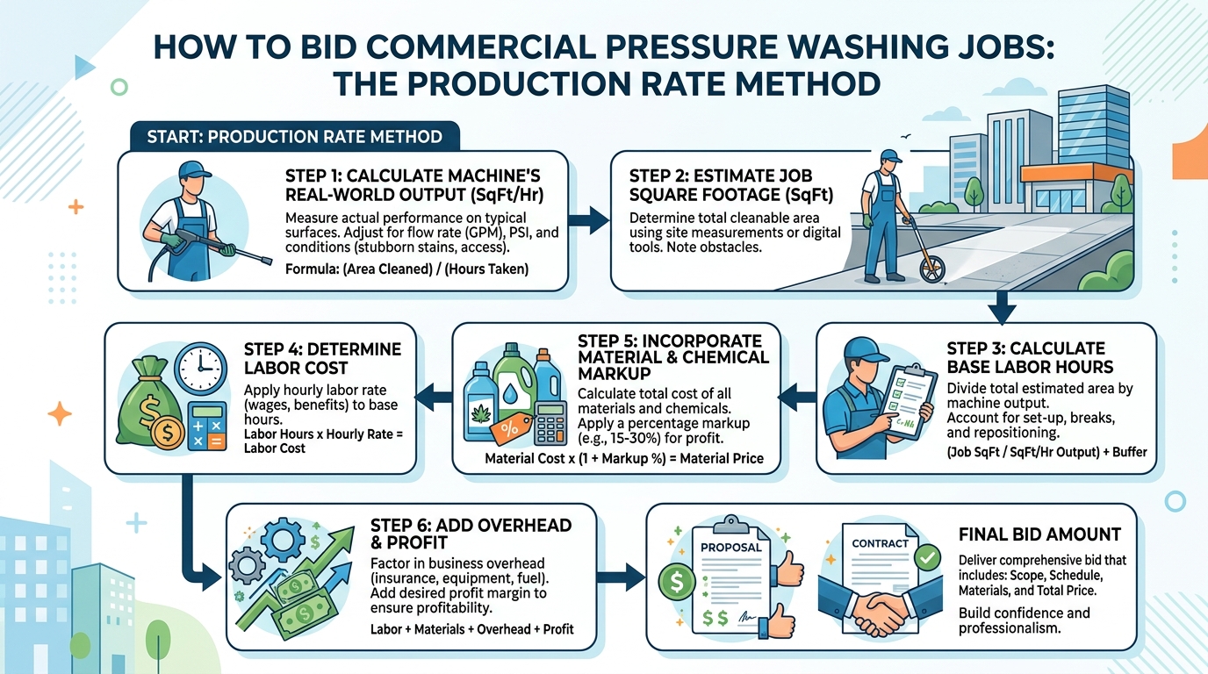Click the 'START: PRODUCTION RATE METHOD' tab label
(294, 138)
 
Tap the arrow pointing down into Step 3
(1002, 306)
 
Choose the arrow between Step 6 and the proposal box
(621, 577)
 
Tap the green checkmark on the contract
(925, 557)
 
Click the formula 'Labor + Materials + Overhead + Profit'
(471, 629)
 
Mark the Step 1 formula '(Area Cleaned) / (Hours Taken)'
(406, 269)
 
